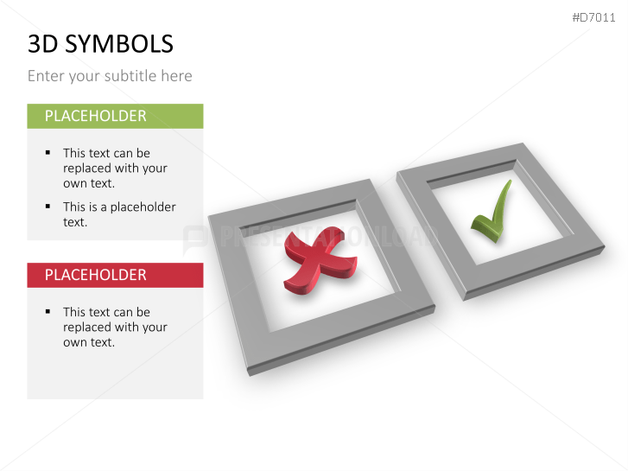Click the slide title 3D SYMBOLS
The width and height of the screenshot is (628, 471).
pos(100,43)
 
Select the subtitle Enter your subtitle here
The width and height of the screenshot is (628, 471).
pos(110,76)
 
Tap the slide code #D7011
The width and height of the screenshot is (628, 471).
pos(593,17)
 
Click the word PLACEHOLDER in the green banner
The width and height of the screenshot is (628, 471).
pos(95,116)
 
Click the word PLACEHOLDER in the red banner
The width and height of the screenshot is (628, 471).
pos(95,275)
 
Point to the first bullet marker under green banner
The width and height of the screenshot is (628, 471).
pos(48,152)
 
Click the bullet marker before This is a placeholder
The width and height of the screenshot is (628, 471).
pos(48,206)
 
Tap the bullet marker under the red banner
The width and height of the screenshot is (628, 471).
pos(48,311)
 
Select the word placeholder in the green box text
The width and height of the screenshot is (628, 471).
pos(143,207)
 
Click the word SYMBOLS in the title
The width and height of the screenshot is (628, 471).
pos(119,43)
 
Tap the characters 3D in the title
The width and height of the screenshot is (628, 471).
pos(43,43)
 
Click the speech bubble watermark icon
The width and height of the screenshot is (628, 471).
pos(195,239)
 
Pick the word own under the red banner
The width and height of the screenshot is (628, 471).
pos(75,343)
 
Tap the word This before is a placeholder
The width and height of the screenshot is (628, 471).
pos(74,207)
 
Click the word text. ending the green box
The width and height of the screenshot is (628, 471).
pos(75,222)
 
